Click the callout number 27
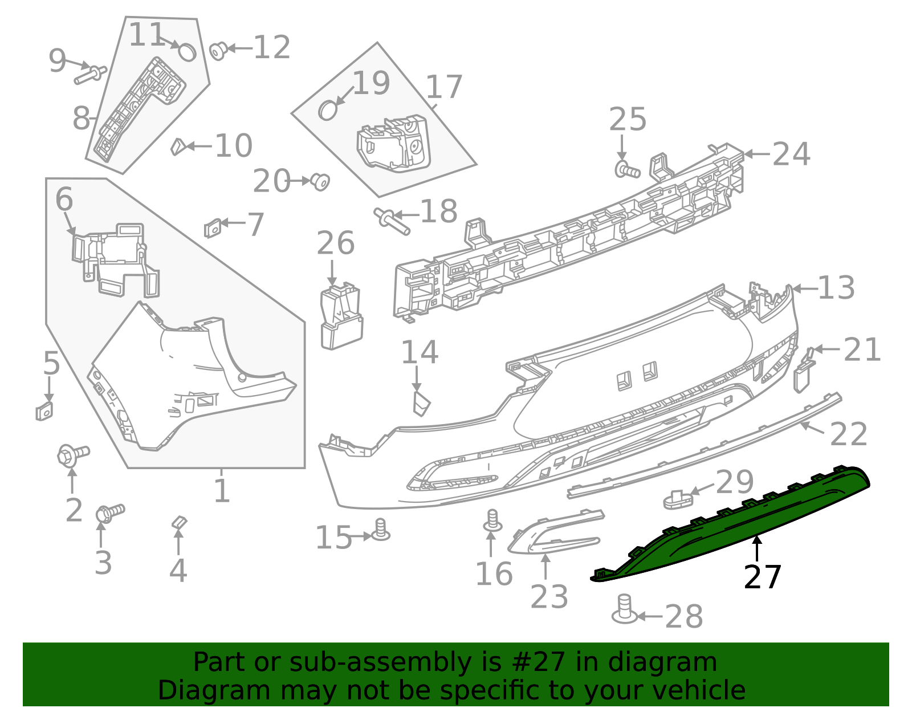[x=763, y=577]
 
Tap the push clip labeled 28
[x=624, y=609]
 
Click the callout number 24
[x=791, y=154]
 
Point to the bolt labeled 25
[x=626, y=170]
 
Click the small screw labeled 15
[x=381, y=530]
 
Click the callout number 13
[x=836, y=288]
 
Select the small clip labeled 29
[x=676, y=499]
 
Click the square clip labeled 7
[x=212, y=228]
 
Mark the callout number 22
[x=848, y=435]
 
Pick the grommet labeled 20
[x=321, y=182]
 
